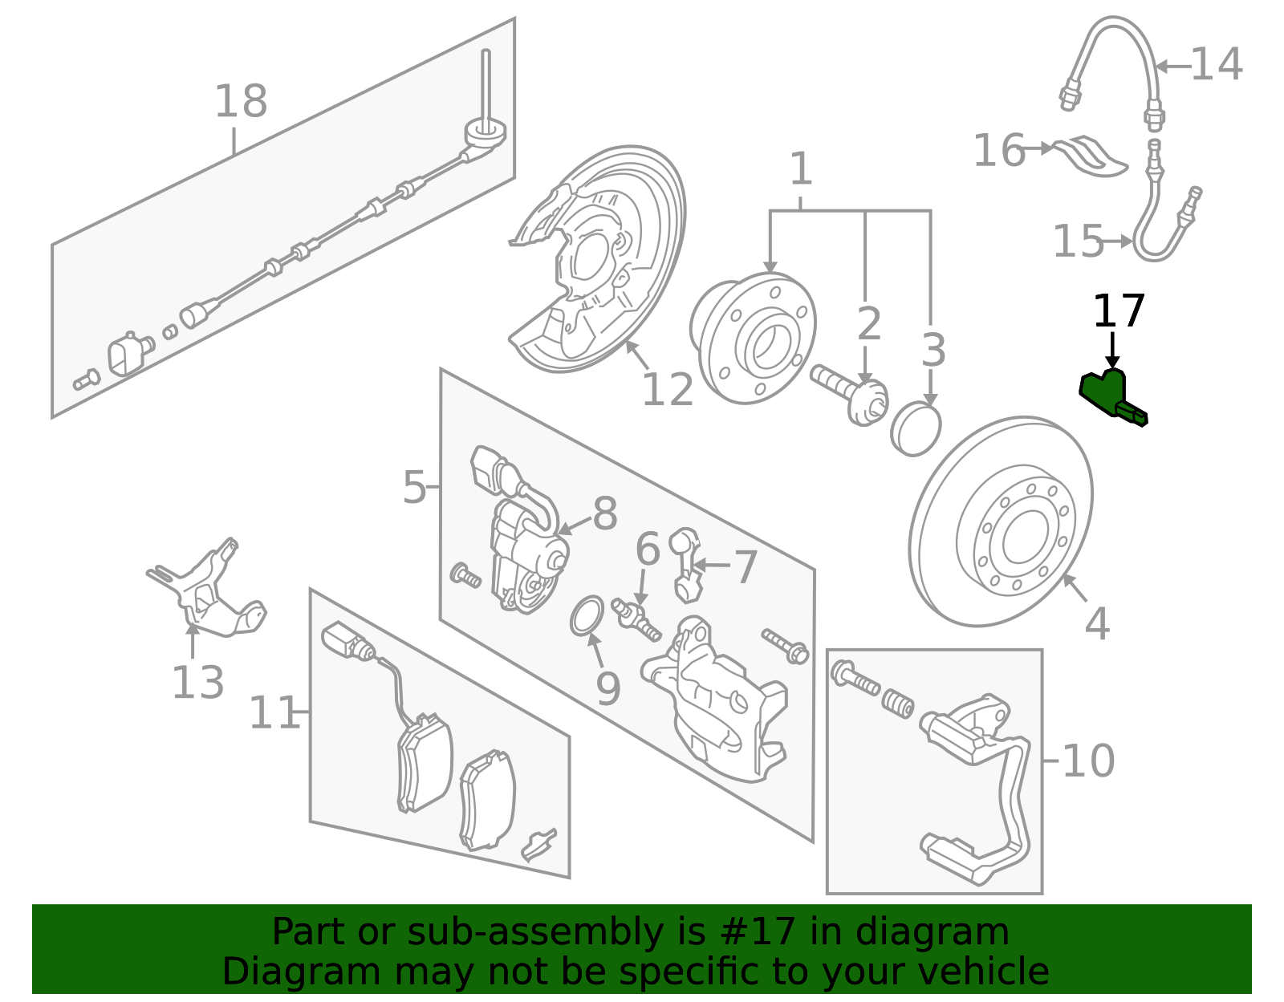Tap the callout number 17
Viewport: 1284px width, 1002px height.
coord(1119,311)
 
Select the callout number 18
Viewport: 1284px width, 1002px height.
coord(240,102)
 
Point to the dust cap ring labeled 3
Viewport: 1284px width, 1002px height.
coord(916,430)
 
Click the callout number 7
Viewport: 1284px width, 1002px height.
coord(746,567)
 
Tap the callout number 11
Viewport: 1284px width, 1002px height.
coord(274,713)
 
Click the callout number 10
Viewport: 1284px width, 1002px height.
coord(1087,761)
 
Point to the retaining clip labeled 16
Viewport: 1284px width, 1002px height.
coord(1090,156)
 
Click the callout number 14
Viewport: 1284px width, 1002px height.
coord(1217,64)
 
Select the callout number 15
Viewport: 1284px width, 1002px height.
coord(1078,241)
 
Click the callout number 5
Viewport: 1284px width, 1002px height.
coord(414,487)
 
